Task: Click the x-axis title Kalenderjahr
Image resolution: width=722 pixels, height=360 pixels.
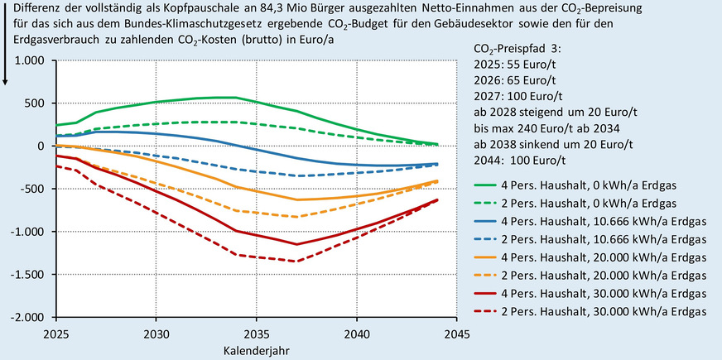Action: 256,350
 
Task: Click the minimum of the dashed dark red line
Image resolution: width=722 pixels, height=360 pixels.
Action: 296,261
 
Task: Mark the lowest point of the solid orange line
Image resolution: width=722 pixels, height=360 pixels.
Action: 296,199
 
